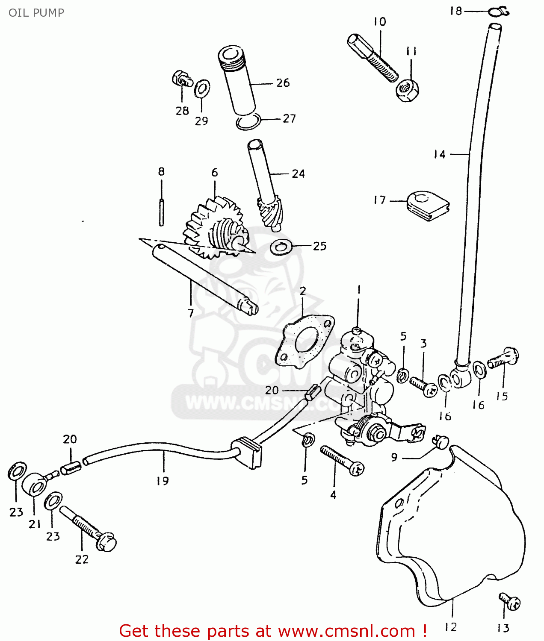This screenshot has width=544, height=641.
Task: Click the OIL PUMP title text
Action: pos(36,13)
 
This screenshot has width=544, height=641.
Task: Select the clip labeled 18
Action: pos(499,12)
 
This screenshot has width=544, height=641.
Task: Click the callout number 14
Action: pos(440,154)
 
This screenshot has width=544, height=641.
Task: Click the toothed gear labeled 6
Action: pos(214,229)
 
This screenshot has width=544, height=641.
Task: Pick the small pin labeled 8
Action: pos(161,212)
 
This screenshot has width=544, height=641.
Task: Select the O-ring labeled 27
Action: pos(248,122)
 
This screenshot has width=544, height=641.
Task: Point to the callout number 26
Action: pos(283,82)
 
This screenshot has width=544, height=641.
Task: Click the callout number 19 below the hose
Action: pos(163,481)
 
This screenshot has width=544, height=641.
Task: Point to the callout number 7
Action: pos(191,313)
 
